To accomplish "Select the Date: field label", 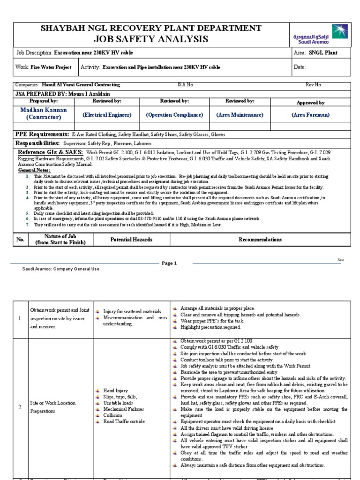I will tap(300, 67).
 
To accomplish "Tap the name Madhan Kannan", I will tap(44, 110).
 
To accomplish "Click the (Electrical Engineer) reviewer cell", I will tap(107, 115).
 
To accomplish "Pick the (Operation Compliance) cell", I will tap(174, 115).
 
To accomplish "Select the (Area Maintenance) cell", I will tap(240, 115).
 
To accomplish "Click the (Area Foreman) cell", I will tap(310, 115).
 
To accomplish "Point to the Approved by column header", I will tap(310, 102).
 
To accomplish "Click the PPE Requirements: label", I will tap(45, 135).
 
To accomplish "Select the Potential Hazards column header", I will tap(131, 240).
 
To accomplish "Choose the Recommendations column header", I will tap(260, 240).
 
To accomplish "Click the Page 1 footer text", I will tap(169, 263).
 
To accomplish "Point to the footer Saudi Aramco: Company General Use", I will tap(61, 269).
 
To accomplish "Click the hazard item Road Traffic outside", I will tap(126, 421).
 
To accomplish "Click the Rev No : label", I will tap(315, 85).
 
